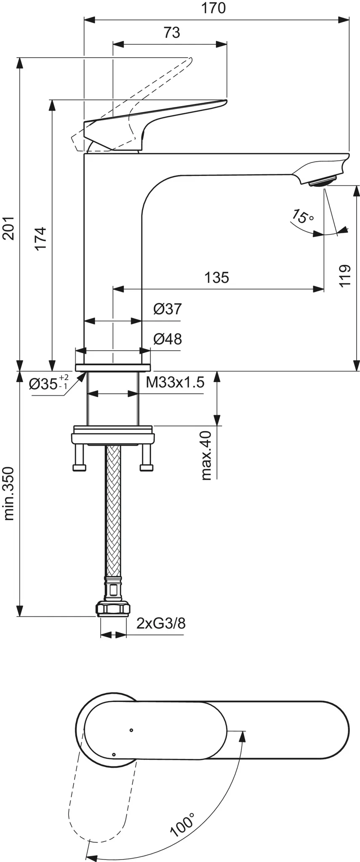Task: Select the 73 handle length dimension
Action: (x=172, y=32)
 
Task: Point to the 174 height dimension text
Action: (x=40, y=239)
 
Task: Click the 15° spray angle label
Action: (x=302, y=216)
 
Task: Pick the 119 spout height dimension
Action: (x=345, y=276)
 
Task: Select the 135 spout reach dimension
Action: (x=217, y=277)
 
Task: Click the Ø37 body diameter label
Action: (x=167, y=309)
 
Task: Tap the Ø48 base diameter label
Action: (x=167, y=339)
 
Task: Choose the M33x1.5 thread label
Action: (x=175, y=382)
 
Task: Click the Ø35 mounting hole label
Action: (x=48, y=382)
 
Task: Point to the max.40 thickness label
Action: (x=206, y=455)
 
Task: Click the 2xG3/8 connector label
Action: (x=160, y=623)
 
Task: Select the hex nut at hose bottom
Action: (x=113, y=609)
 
